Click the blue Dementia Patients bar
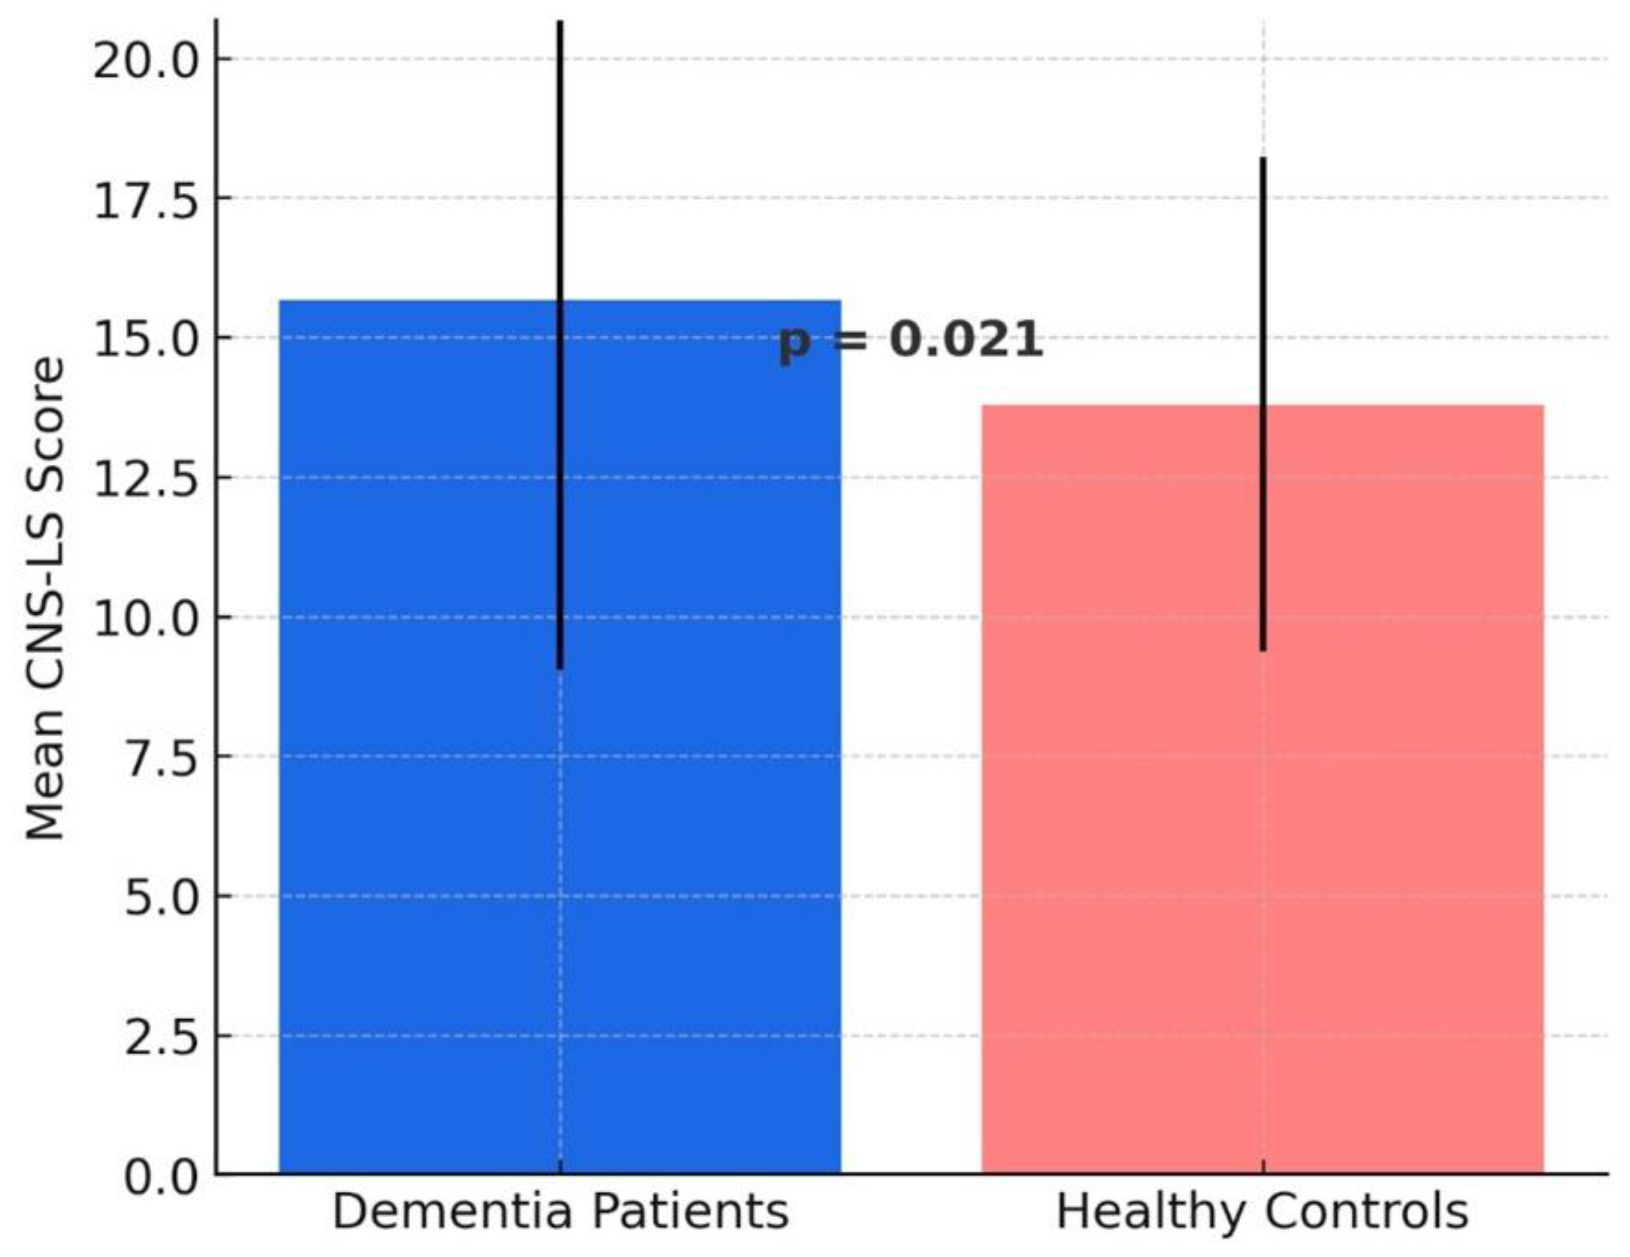pos(418,821)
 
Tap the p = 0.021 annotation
pos(910,341)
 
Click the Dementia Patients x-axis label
pos(561,1211)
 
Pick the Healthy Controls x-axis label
pos(1262,1211)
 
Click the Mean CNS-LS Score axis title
pos(45,597)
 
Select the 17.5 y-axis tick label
pos(146,200)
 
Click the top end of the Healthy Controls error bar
pos(1263,160)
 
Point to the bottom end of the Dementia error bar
pos(561,666)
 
